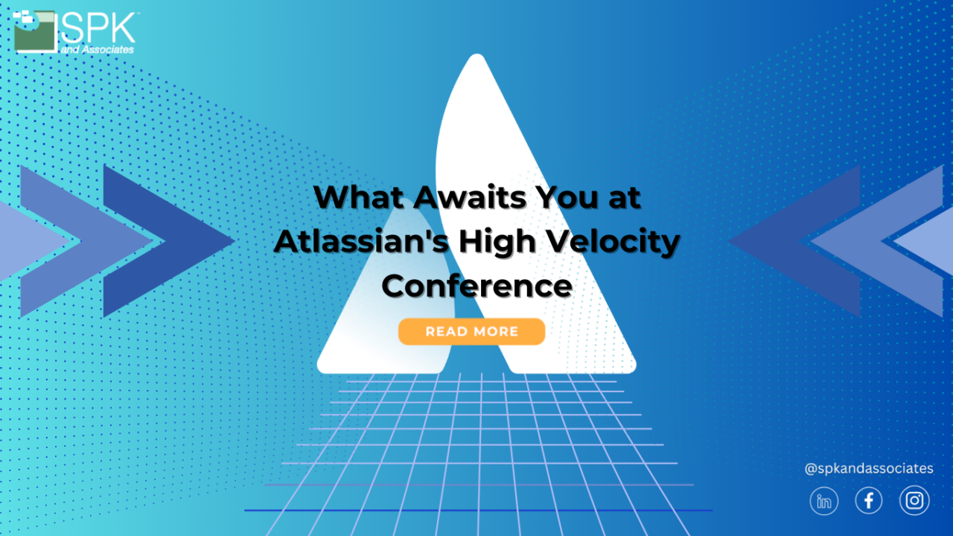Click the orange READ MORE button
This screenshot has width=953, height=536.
(x=471, y=331)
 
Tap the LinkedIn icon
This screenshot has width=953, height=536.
(x=824, y=501)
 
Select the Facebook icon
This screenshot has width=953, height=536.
(x=869, y=501)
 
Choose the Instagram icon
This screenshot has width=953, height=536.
(x=914, y=501)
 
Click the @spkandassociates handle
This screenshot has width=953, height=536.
(x=869, y=468)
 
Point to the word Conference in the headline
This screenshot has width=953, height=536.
(x=477, y=286)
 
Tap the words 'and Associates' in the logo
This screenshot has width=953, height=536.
(x=98, y=49)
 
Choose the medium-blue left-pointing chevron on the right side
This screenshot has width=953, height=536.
(x=871, y=240)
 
